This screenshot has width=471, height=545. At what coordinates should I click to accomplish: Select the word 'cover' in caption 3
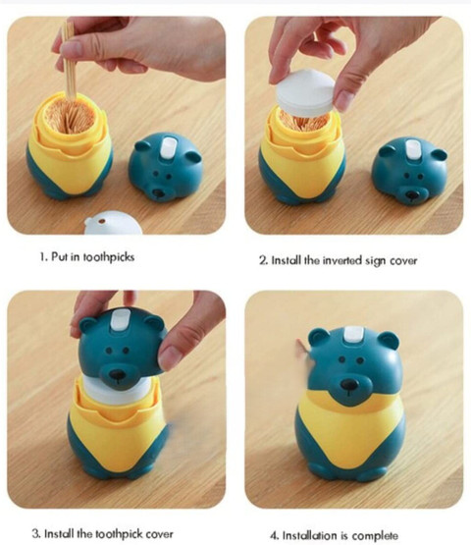click(159, 533)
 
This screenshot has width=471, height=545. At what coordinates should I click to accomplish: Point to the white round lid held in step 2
click(306, 93)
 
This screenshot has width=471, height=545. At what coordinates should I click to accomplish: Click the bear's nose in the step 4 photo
click(349, 384)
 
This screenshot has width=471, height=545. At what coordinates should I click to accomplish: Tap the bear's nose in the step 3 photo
click(117, 375)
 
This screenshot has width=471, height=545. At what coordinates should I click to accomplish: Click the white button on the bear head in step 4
click(353, 334)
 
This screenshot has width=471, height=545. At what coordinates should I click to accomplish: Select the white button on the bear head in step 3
click(120, 320)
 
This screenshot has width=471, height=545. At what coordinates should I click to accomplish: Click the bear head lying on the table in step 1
click(165, 166)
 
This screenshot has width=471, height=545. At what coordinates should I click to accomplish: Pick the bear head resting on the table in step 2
click(409, 170)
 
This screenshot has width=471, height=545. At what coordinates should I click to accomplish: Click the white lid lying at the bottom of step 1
click(113, 223)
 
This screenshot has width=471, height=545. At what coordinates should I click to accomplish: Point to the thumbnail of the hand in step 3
click(170, 357)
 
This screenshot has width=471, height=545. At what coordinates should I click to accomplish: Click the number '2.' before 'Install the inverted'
click(263, 260)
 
